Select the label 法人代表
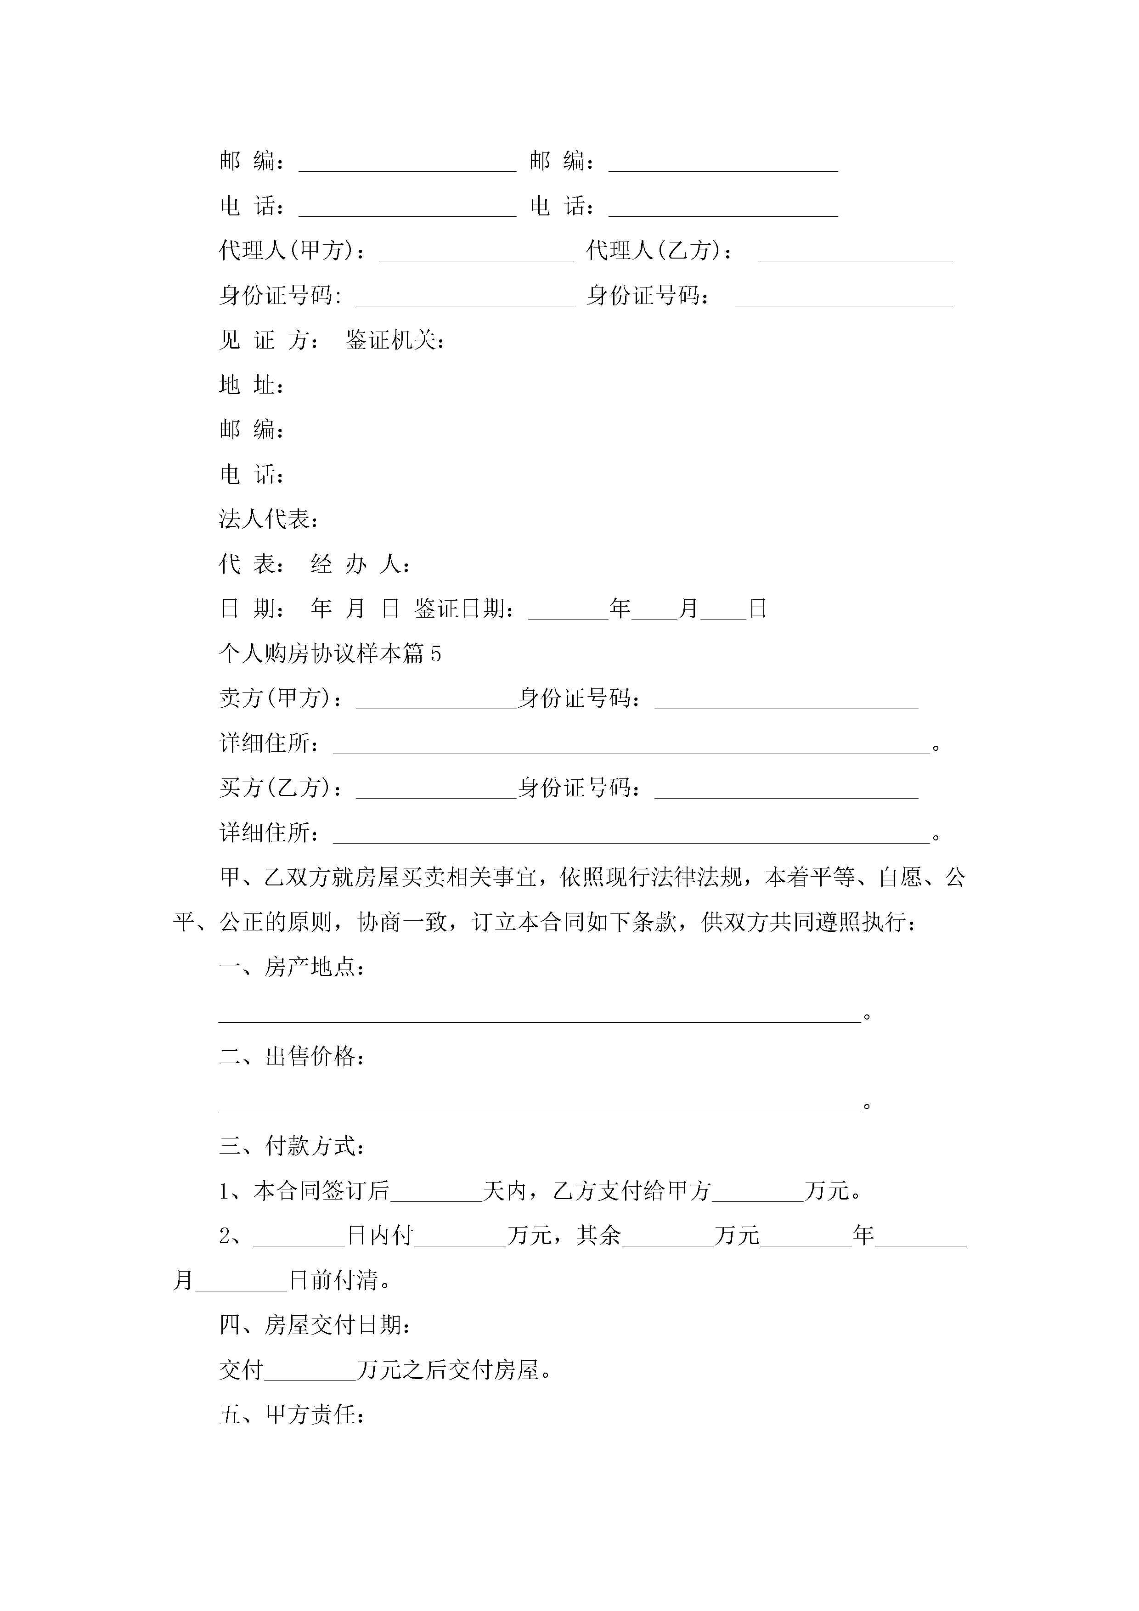[x=268, y=519]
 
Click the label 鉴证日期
[x=462, y=608]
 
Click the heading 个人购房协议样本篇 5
[x=330, y=654]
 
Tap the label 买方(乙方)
[x=280, y=788]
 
